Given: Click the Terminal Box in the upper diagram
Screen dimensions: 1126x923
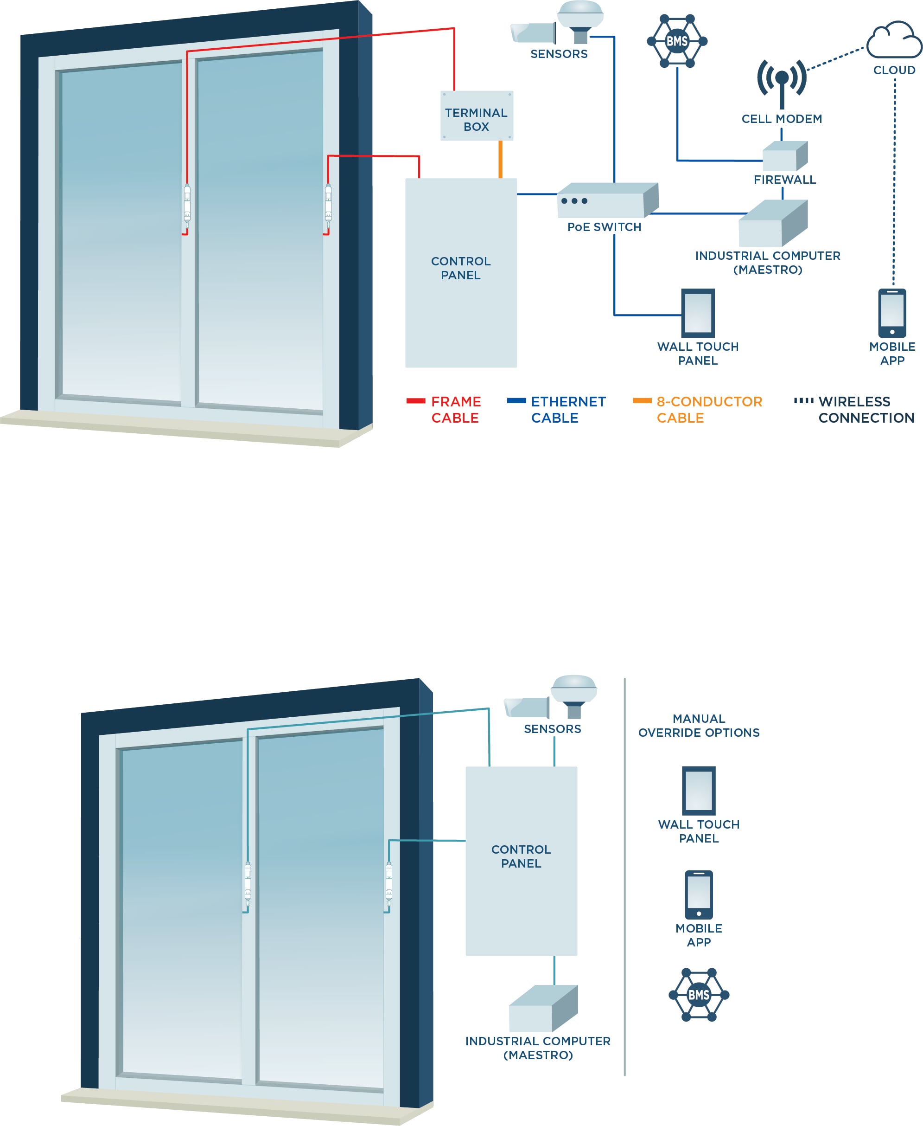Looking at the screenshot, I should pyautogui.click(x=477, y=116).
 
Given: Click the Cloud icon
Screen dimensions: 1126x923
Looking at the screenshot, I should pyautogui.click(x=894, y=41).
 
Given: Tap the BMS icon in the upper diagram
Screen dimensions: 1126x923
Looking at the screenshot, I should pyautogui.click(x=677, y=41).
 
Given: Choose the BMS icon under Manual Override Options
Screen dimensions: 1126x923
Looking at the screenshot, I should pyautogui.click(x=699, y=995).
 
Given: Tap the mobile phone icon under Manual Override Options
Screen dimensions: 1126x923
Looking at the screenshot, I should pyautogui.click(x=699, y=894).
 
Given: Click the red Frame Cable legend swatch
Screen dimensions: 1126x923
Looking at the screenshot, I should pyautogui.click(x=416, y=401).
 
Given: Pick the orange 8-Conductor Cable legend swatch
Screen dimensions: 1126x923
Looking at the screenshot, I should pyautogui.click(x=642, y=401).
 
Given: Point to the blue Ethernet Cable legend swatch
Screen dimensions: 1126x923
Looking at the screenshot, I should pyautogui.click(x=516, y=401).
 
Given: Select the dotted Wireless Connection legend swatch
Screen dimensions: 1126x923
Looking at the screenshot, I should pyautogui.click(x=803, y=401).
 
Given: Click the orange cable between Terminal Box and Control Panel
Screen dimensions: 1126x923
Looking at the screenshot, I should pyautogui.click(x=500, y=159).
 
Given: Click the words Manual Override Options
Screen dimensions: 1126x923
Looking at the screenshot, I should pyautogui.click(x=699, y=725).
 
